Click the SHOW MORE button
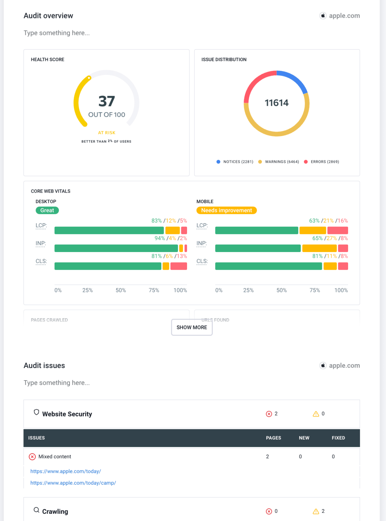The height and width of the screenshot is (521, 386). click(x=192, y=327)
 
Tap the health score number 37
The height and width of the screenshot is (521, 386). click(x=107, y=101)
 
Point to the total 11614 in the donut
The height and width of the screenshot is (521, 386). click(x=277, y=103)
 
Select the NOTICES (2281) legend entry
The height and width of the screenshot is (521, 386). click(x=235, y=162)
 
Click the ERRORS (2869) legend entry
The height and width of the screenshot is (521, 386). click(x=322, y=162)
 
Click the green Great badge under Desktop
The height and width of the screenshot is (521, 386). click(x=47, y=210)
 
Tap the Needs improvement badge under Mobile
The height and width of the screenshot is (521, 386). click(x=226, y=210)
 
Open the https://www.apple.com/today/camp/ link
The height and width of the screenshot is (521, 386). click(x=73, y=483)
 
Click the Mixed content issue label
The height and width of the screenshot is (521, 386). click(x=55, y=457)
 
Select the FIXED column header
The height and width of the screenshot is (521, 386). click(x=338, y=438)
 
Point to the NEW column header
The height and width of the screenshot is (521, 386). click(x=304, y=438)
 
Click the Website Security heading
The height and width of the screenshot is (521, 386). click(x=67, y=414)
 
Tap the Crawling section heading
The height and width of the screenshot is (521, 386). click(x=55, y=512)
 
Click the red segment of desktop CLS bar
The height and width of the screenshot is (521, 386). click(x=179, y=266)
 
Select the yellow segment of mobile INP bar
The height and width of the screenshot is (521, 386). click(x=319, y=248)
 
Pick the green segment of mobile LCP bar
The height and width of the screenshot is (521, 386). click(x=257, y=230)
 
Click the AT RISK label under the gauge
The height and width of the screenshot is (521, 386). click(x=107, y=133)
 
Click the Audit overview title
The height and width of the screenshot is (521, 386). click(x=48, y=16)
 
